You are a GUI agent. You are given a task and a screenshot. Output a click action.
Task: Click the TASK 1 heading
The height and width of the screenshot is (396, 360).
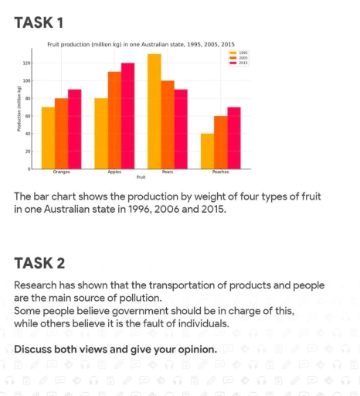click(x=39, y=23)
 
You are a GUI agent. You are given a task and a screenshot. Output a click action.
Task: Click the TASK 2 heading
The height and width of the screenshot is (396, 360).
click(x=39, y=263)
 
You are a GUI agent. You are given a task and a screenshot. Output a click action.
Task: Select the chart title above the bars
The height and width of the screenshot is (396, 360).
click(x=141, y=45)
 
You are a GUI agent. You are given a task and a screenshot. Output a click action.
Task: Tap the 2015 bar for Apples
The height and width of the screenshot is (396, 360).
click(x=127, y=115)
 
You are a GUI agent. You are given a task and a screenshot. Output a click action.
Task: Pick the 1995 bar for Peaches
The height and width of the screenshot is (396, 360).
click(x=207, y=151)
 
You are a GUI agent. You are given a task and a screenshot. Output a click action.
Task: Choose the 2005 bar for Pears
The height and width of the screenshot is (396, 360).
click(x=168, y=124)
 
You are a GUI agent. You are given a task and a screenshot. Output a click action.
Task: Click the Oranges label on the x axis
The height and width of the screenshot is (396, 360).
click(x=61, y=172)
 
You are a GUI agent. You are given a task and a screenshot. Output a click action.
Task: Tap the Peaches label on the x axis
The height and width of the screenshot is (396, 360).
click(x=220, y=172)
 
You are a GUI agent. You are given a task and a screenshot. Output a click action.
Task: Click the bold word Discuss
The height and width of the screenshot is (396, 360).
click(x=36, y=349)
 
